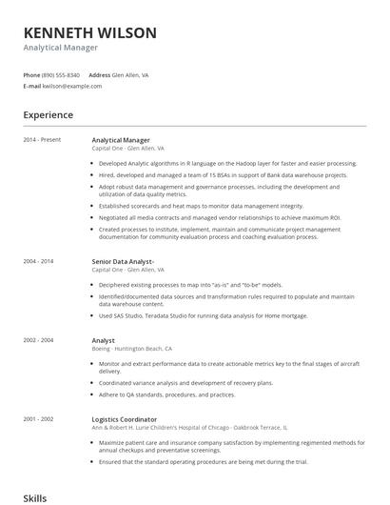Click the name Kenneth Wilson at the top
click(90, 33)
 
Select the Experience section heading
click(49, 115)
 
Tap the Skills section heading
click(34, 497)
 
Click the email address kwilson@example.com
click(71, 86)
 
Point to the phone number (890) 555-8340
click(62, 74)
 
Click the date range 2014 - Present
click(42, 140)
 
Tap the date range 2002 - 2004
click(39, 339)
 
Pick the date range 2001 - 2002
click(39, 418)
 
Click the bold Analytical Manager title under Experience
click(121, 140)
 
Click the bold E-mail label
click(32, 86)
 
